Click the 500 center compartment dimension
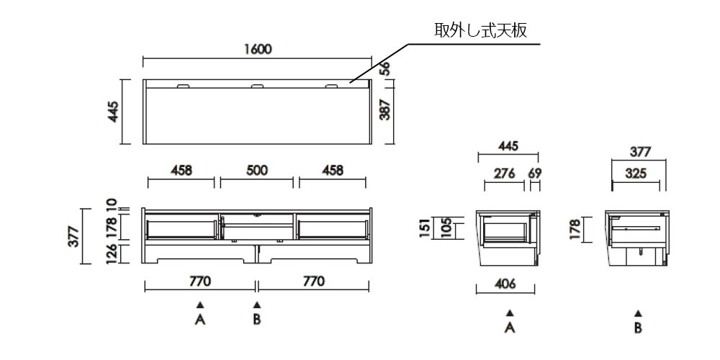[x=256, y=171]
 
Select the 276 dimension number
[x=503, y=174]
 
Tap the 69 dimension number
[x=534, y=174]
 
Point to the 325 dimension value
[x=636, y=174]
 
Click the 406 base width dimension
[x=505, y=284]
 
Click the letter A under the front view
[x=200, y=319]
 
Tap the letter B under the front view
[x=256, y=319]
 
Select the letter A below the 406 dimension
[x=510, y=328]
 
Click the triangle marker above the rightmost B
[x=638, y=313]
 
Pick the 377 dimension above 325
[x=639, y=152]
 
